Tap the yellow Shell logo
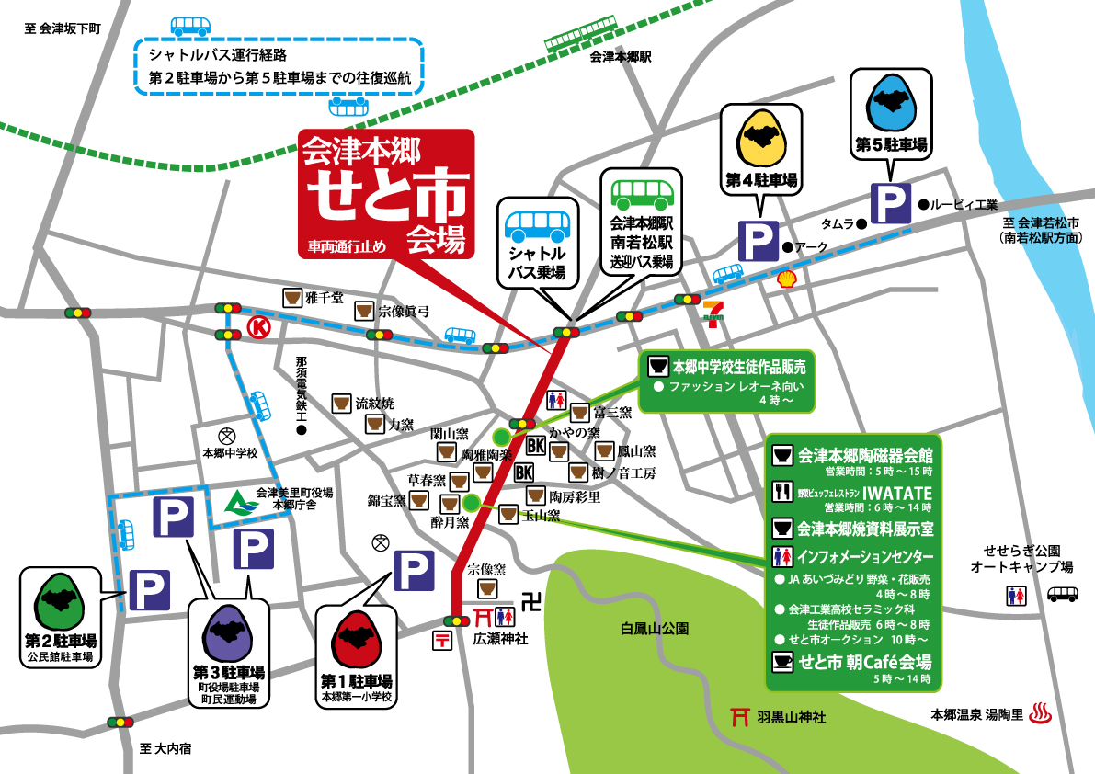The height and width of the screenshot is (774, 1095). [786, 279]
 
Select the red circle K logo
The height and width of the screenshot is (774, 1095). [259, 328]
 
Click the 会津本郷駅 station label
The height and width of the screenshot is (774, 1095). [620, 57]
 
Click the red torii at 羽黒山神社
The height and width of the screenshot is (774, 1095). [737, 716]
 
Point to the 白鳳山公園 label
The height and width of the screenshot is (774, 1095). [655, 629]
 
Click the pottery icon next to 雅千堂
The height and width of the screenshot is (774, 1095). [292, 298]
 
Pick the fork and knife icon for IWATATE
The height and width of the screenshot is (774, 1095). [782, 491]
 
